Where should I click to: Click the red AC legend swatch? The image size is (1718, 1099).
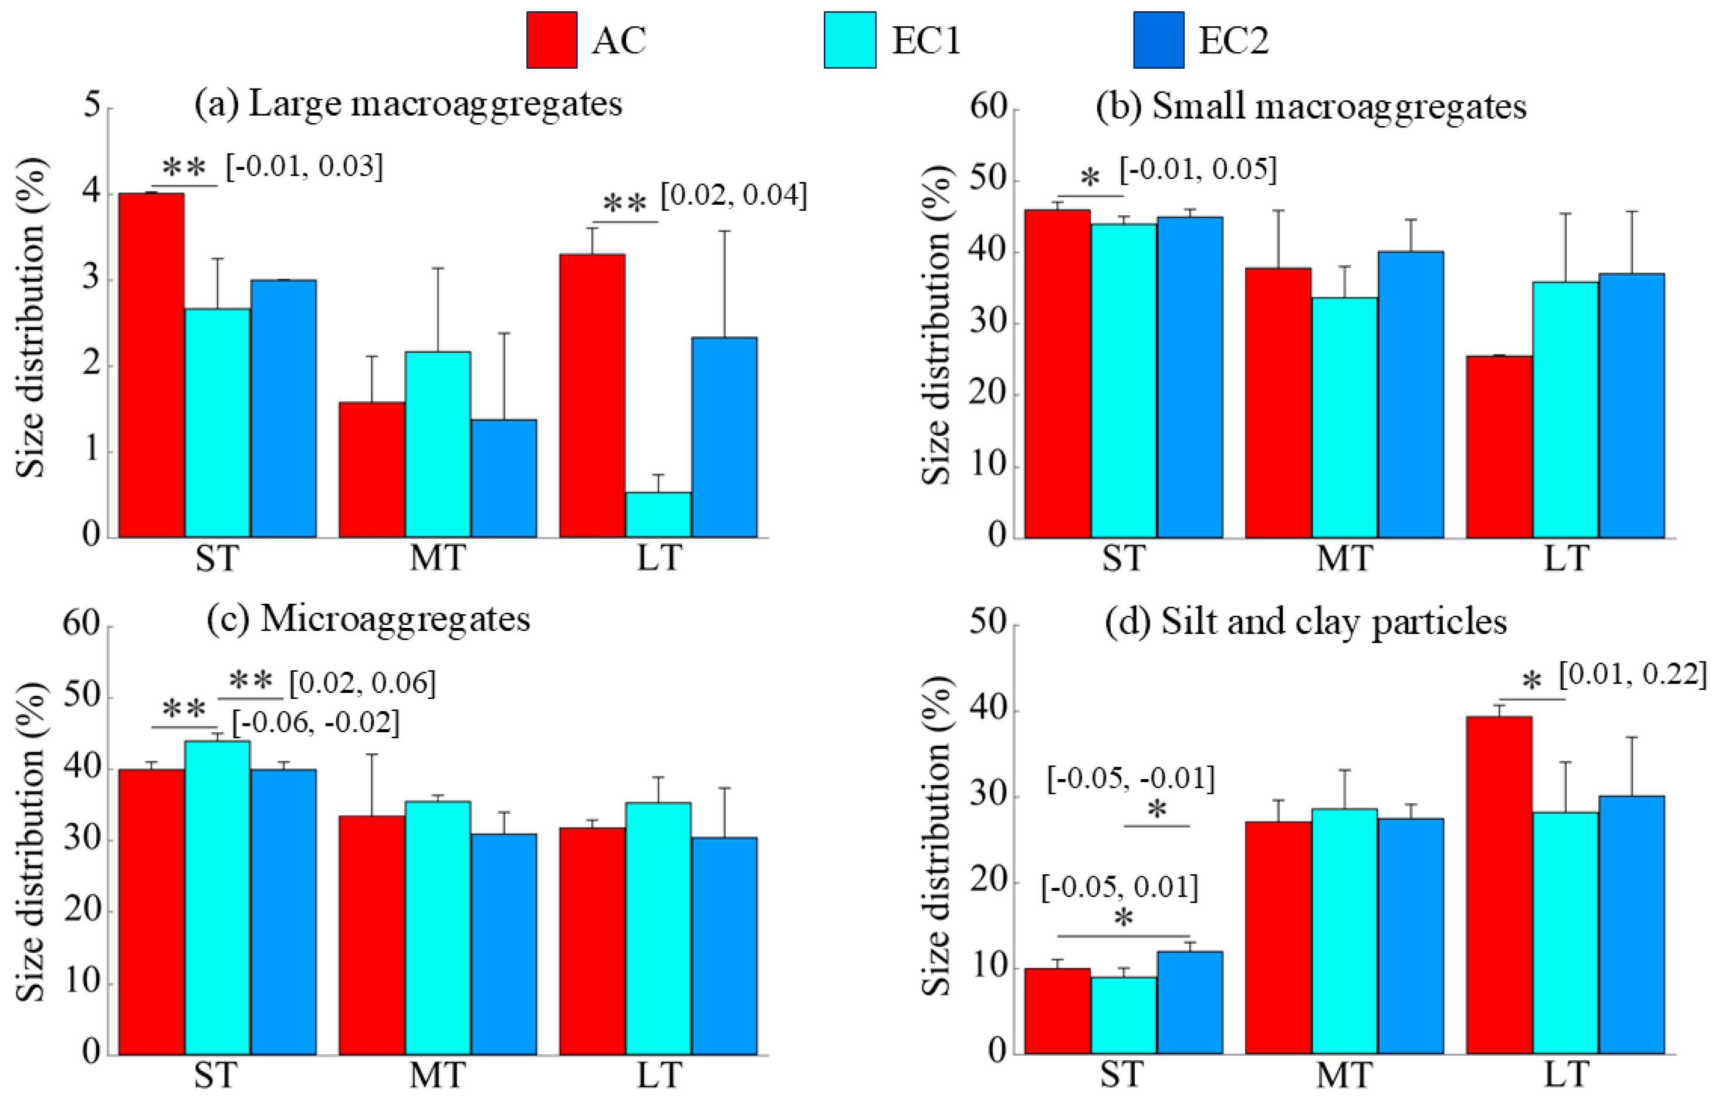point(552,40)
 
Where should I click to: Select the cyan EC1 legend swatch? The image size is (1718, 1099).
point(850,40)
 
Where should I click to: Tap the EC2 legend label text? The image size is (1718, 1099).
point(1233,40)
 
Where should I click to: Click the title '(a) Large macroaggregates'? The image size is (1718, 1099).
point(408,104)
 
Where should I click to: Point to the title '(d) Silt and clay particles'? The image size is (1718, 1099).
point(1305,621)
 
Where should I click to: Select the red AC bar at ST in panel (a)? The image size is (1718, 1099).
point(151,364)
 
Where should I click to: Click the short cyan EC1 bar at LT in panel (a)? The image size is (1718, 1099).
point(658,514)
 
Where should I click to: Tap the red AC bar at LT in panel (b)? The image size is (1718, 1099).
point(1500,446)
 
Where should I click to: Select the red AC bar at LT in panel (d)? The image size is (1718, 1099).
point(1500,885)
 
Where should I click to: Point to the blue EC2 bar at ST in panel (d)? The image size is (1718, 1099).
point(1189,1003)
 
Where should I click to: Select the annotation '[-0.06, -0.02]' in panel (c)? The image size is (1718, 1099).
point(315,723)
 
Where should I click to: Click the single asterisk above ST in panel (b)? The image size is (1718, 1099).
point(1090,178)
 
